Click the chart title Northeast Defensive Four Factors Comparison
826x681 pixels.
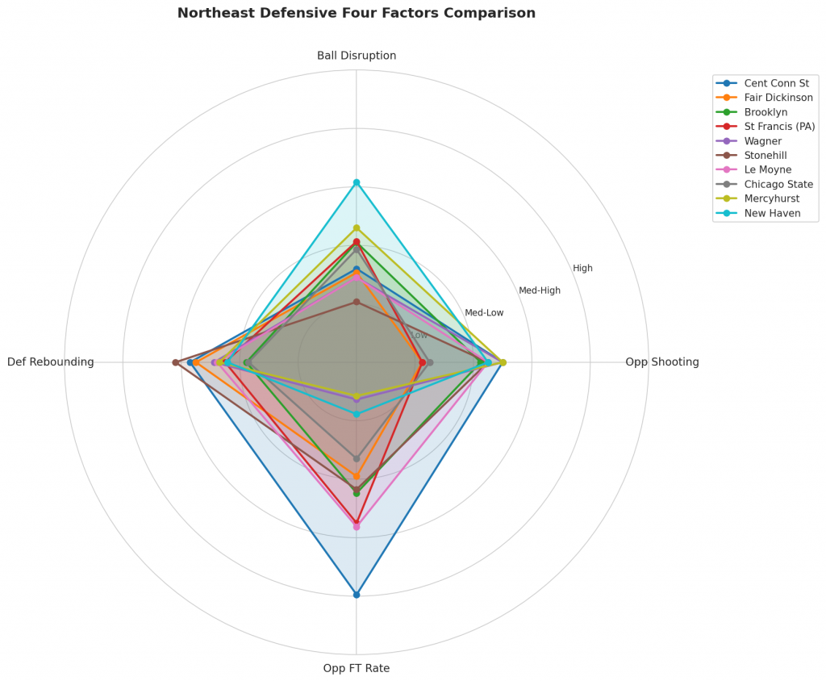click(356, 14)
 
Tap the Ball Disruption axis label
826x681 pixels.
click(357, 56)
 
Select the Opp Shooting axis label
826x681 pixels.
click(661, 362)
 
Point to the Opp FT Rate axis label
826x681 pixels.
click(357, 668)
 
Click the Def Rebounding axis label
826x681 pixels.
click(51, 362)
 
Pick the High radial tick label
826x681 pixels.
click(582, 268)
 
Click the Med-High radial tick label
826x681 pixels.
click(540, 290)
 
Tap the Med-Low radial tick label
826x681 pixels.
click(484, 312)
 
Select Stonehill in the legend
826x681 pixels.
click(766, 155)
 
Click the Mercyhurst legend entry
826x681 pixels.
click(770, 198)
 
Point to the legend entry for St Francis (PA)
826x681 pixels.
click(779, 127)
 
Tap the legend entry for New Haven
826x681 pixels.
click(772, 213)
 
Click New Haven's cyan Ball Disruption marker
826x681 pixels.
click(357, 182)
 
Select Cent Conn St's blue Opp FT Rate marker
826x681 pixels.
click(357, 595)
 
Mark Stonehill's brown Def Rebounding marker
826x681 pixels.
click(175, 362)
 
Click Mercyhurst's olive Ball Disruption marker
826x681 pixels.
click(357, 228)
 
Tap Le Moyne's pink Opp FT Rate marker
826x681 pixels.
click(357, 526)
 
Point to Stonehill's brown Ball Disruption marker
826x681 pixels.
click(357, 302)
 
